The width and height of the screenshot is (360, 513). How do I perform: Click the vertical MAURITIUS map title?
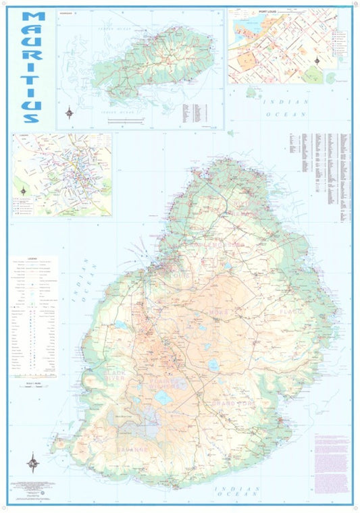pos(32,67)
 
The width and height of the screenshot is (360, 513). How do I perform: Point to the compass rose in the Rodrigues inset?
pos(70,113)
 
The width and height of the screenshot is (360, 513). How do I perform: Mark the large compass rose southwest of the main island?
pos(32,464)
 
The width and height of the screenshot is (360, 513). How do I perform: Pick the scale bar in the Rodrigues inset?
pos(126,119)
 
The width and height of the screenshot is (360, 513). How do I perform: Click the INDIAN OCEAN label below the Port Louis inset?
pos(284,107)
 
